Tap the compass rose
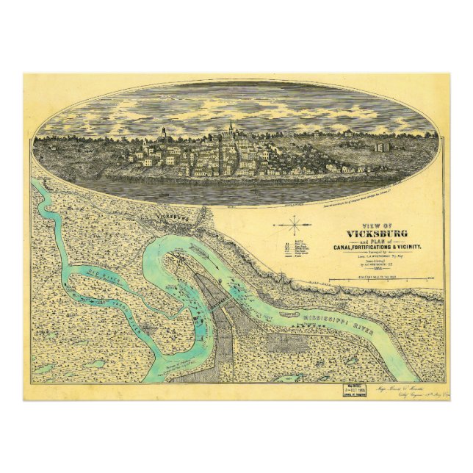click(294, 225)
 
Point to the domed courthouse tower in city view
click(162, 135)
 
